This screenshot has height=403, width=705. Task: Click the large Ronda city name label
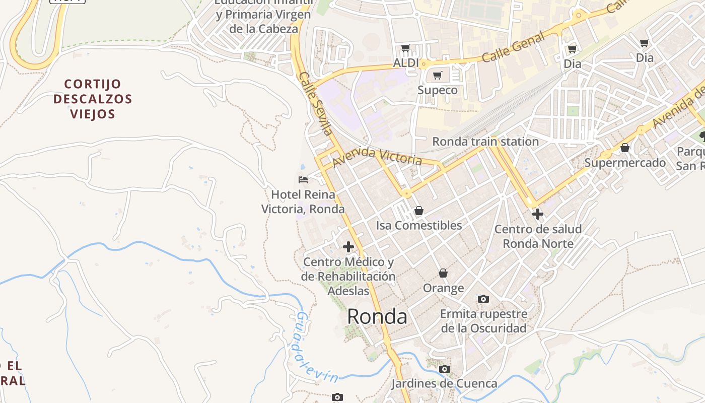pos(377,316)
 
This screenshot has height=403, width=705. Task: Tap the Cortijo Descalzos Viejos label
pos(93,99)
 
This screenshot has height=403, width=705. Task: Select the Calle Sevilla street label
pos(316,104)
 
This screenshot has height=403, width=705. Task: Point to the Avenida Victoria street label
pos(377,157)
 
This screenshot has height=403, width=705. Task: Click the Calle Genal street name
pos(513,47)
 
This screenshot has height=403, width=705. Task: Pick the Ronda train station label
pos(485,142)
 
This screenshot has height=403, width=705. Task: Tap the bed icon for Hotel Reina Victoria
pos(303,179)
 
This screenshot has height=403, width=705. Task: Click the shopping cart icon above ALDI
pos(406,48)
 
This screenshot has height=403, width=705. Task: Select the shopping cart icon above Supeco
pos(438,76)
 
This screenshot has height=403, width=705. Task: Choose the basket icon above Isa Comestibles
pos(418,211)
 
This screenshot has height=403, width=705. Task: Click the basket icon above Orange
pos(443,273)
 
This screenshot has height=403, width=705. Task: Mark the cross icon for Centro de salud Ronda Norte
pos(538,214)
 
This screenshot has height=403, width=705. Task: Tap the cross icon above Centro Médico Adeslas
pos(348,247)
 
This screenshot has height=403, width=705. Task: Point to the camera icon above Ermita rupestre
pos(483,299)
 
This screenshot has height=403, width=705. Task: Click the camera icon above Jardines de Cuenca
pos(444,369)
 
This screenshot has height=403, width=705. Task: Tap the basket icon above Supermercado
pos(625,148)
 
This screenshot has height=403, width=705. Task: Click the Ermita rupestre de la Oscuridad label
pos(483,321)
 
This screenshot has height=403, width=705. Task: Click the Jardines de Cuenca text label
pos(444,383)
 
